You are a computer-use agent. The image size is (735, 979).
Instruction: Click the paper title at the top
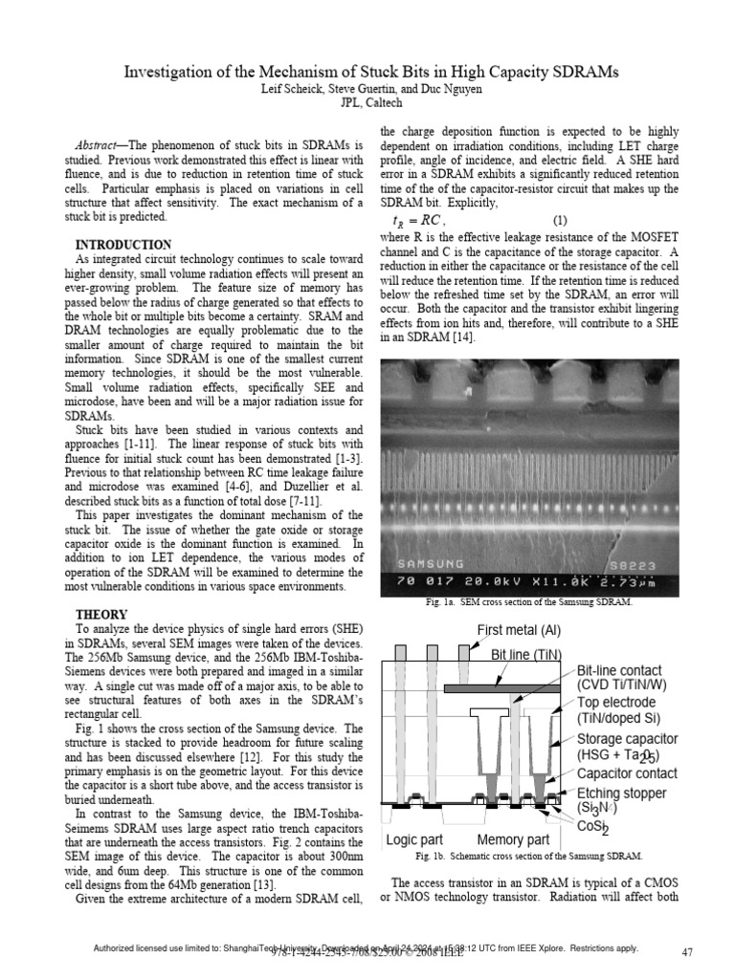tap(367, 73)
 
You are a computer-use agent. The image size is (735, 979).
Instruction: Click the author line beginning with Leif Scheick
tap(367, 90)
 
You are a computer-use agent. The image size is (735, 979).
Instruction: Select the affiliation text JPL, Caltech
tap(367, 104)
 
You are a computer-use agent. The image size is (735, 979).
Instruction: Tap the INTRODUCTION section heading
tap(123, 245)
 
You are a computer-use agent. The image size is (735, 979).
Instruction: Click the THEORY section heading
tap(102, 613)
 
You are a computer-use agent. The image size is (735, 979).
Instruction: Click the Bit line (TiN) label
tap(536, 655)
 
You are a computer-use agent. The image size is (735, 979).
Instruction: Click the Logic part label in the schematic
tap(417, 840)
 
